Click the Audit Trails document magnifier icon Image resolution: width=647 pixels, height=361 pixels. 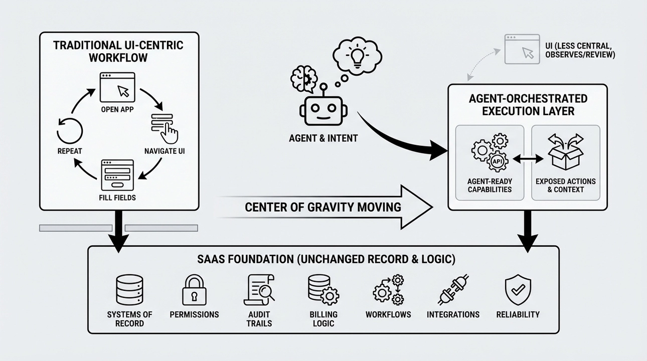pos(259,289)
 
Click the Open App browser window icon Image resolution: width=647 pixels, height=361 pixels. pos(118,89)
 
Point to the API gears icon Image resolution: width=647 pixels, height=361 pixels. pos(490,152)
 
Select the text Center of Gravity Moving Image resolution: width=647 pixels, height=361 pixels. pos(323,207)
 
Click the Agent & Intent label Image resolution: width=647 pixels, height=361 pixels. pos(323,138)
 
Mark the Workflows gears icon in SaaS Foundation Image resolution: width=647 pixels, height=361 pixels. pos(388,289)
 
